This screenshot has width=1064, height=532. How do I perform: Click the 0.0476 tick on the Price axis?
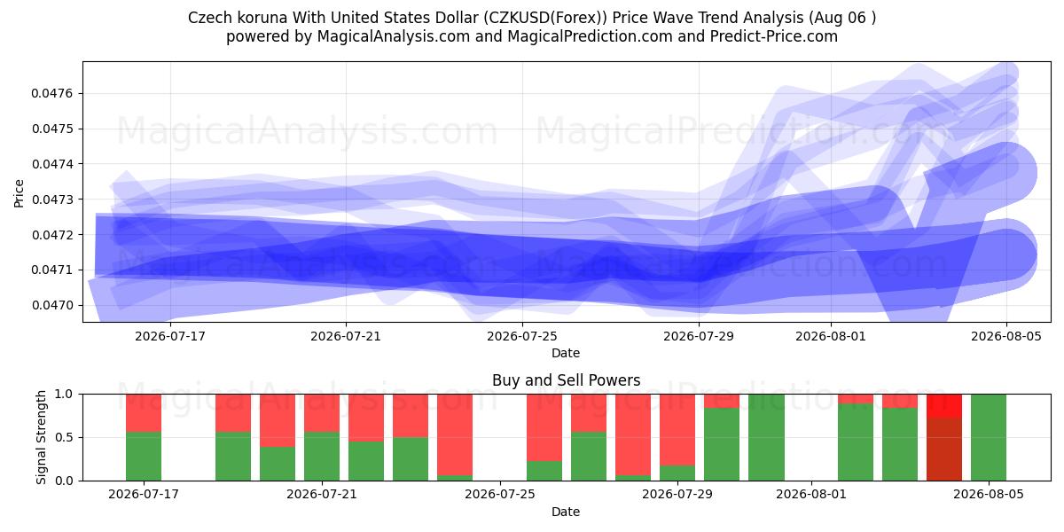(51, 94)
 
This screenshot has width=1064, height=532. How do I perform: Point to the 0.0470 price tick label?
(51, 305)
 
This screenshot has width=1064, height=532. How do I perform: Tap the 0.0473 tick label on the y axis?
(51, 199)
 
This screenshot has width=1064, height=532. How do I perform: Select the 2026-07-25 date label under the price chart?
(522, 336)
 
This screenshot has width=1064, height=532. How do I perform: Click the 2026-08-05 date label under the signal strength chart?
(989, 494)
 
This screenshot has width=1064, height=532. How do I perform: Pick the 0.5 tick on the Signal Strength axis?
(65, 437)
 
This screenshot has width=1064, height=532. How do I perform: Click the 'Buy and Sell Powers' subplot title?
(567, 380)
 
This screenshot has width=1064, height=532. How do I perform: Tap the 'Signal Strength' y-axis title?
(42, 437)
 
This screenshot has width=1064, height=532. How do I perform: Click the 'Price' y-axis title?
(19, 193)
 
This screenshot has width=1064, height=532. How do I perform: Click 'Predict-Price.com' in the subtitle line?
(774, 36)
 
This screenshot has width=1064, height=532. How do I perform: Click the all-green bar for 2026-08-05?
(989, 437)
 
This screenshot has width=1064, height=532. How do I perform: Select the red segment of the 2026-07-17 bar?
(144, 413)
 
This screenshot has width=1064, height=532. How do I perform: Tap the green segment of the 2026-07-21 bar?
(322, 456)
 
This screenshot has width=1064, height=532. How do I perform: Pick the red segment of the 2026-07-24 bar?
(455, 434)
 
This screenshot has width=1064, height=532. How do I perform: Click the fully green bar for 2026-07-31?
(766, 437)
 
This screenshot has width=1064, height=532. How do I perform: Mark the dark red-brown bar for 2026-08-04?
(944, 450)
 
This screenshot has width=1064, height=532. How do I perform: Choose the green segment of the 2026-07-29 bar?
(677, 473)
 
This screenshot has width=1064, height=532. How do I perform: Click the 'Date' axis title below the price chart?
(566, 354)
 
